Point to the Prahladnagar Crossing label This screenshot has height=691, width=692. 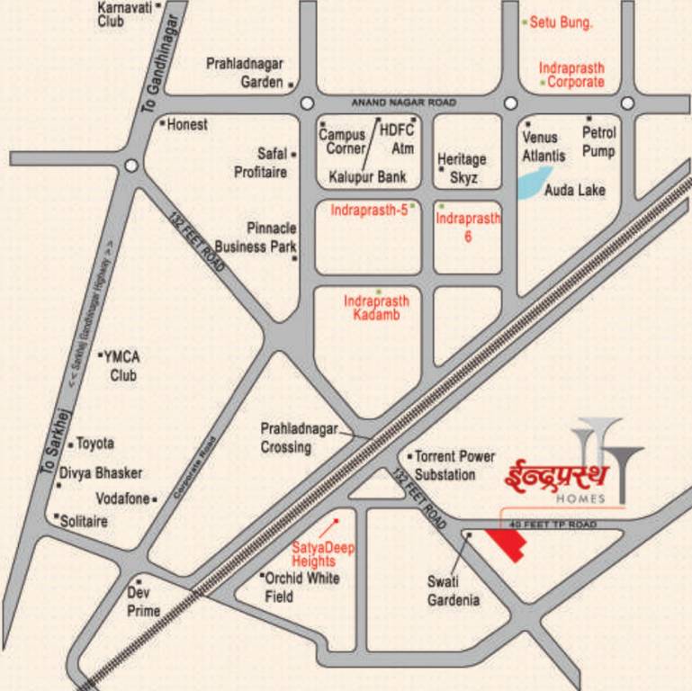coord(299,438)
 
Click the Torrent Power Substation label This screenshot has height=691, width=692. coord(455,465)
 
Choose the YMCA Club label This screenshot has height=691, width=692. coord(122,365)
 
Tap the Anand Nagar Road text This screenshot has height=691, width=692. coord(403,103)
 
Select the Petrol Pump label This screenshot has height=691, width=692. coord(598,141)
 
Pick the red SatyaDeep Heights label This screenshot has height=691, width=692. coord(314,553)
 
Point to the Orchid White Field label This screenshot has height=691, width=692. coord(301,587)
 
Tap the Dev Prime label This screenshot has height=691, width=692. coord(143,602)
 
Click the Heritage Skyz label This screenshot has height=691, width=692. coord(462,166)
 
